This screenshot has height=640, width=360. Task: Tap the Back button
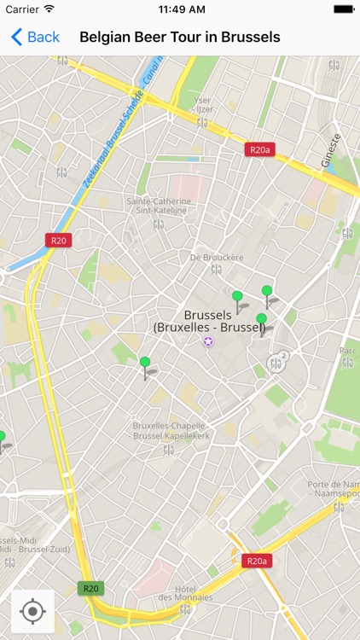(35, 37)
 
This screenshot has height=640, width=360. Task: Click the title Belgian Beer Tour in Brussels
(180, 37)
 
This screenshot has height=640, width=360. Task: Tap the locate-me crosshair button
(33, 611)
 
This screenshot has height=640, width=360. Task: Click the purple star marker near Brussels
(208, 341)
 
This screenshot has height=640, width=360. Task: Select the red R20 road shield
(58, 241)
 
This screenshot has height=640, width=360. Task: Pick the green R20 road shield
(90, 588)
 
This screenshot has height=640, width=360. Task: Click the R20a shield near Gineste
(259, 150)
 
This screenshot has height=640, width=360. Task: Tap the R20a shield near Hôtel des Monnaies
(255, 561)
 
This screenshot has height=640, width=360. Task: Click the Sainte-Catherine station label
(157, 207)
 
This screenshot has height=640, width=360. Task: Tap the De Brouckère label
(216, 257)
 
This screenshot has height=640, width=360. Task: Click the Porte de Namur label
(334, 489)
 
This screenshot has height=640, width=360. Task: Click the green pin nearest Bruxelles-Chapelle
(145, 364)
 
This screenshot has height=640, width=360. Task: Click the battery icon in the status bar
(344, 9)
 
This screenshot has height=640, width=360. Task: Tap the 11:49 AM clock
(180, 9)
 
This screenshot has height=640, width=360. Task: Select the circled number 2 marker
(283, 356)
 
